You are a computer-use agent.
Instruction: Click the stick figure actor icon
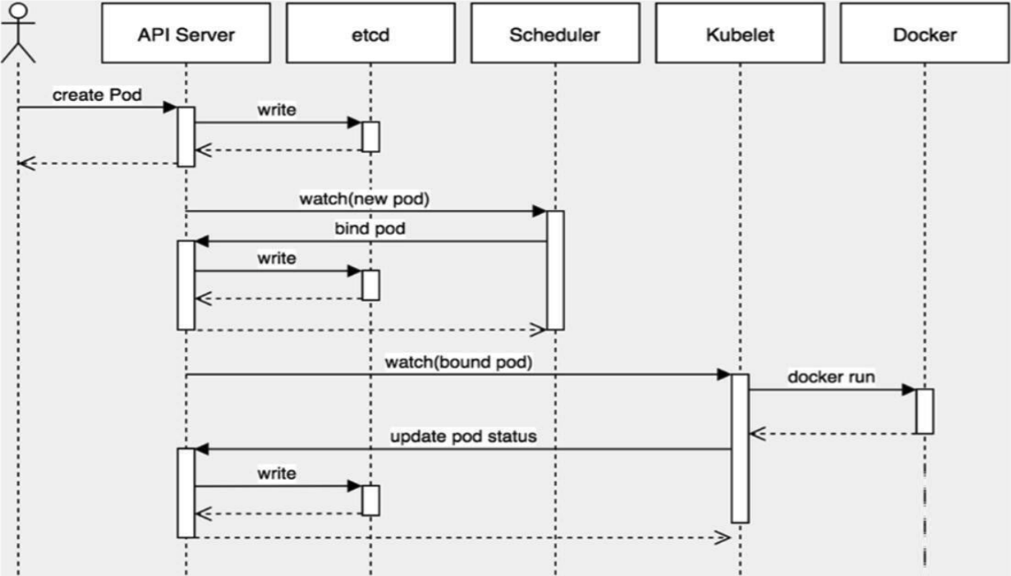click(18, 33)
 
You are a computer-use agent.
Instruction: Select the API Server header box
click(186, 33)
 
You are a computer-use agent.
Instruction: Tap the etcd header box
click(371, 33)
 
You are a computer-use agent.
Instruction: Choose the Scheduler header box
click(555, 33)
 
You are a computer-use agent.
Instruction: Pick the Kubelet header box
click(740, 33)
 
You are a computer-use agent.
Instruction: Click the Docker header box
click(924, 33)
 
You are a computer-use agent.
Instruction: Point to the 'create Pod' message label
click(97, 95)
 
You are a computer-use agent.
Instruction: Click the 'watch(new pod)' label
click(364, 199)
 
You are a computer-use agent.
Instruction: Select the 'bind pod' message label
click(370, 229)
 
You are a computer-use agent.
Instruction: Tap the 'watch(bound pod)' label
click(458, 362)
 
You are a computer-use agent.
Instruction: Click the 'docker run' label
click(831, 377)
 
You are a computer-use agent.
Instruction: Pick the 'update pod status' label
click(463, 437)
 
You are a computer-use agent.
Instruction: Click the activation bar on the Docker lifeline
click(925, 411)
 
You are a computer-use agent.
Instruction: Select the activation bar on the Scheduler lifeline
click(555, 270)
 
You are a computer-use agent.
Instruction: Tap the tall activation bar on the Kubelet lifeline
click(740, 448)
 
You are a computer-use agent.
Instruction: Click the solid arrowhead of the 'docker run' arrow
click(909, 390)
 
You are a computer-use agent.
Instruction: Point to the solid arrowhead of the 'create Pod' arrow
click(171, 107)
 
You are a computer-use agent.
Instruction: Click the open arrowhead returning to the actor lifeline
click(26, 163)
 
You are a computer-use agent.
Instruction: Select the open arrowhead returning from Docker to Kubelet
click(758, 434)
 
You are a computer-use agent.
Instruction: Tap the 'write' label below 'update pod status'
click(276, 473)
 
